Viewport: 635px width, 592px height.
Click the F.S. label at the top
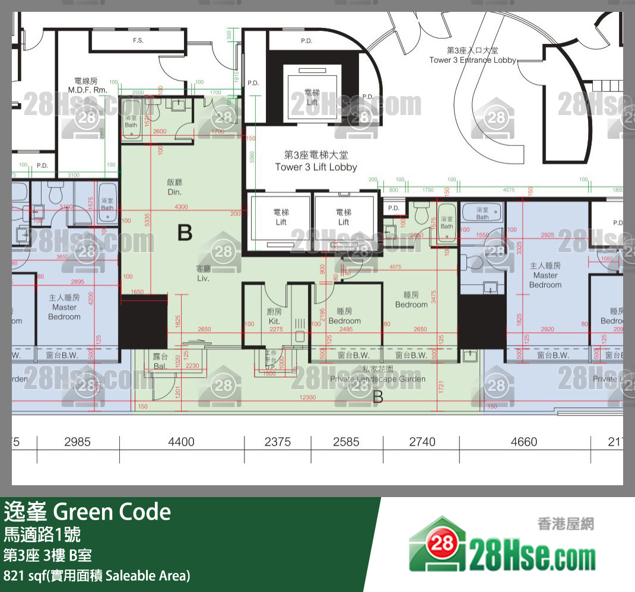[x=138, y=41]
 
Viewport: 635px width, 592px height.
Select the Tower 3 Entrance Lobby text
[x=472, y=56]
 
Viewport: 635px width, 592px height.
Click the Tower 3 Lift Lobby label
[x=316, y=161]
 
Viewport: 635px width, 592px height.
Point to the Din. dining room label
[x=174, y=187]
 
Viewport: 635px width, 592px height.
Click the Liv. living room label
[x=204, y=273]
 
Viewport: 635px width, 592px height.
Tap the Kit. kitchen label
[x=274, y=317]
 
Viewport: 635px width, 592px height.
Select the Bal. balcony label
[x=160, y=361]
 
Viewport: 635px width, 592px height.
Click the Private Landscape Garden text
[x=377, y=374]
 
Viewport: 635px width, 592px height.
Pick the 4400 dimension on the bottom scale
[x=181, y=441]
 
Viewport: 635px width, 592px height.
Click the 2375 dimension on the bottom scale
[x=278, y=441]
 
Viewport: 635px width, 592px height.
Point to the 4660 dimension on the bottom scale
[x=524, y=441]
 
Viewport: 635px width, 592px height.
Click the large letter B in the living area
[x=185, y=233]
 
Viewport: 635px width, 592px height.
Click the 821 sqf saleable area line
[x=97, y=575]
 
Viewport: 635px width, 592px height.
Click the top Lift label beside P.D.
[x=312, y=97]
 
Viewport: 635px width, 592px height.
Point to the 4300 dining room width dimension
[x=181, y=206]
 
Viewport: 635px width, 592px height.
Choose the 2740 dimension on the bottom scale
[x=422, y=441]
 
